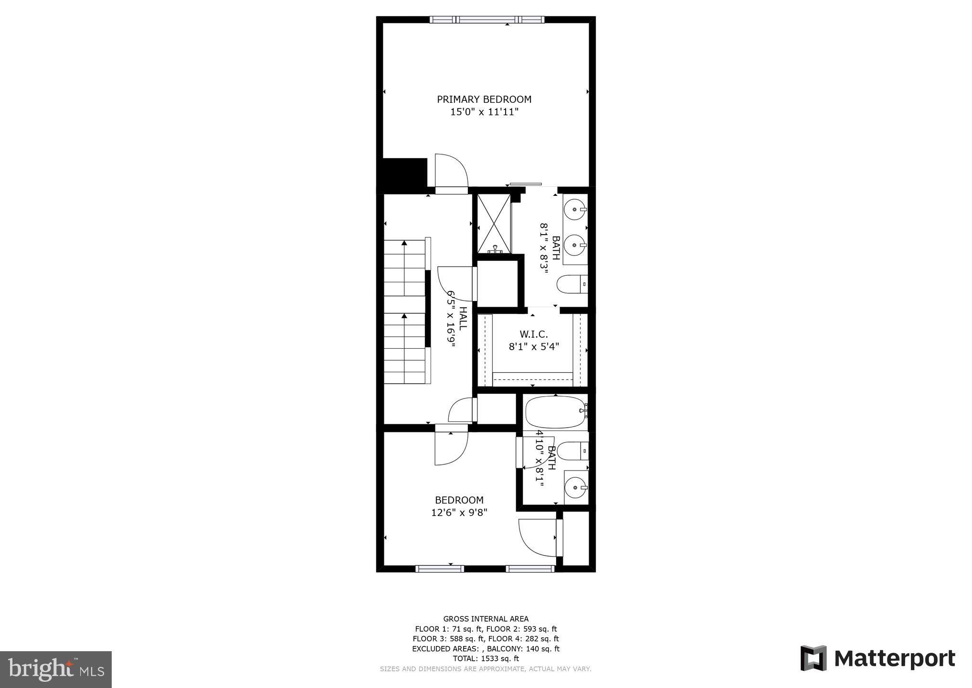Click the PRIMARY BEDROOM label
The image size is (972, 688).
[484, 99]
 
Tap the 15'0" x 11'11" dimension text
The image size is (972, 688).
[484, 112]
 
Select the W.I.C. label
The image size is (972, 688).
[533, 334]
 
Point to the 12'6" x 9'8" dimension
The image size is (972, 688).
[459, 513]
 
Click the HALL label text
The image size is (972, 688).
[463, 318]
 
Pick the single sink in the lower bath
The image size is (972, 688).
[575, 488]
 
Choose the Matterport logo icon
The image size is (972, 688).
[814, 658]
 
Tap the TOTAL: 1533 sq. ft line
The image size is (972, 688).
[486, 658]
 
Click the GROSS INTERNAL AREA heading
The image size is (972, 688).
[486, 619]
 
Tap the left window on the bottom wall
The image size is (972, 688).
[440, 569]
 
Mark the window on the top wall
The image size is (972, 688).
[486, 20]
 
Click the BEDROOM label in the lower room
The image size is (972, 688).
[459, 500]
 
